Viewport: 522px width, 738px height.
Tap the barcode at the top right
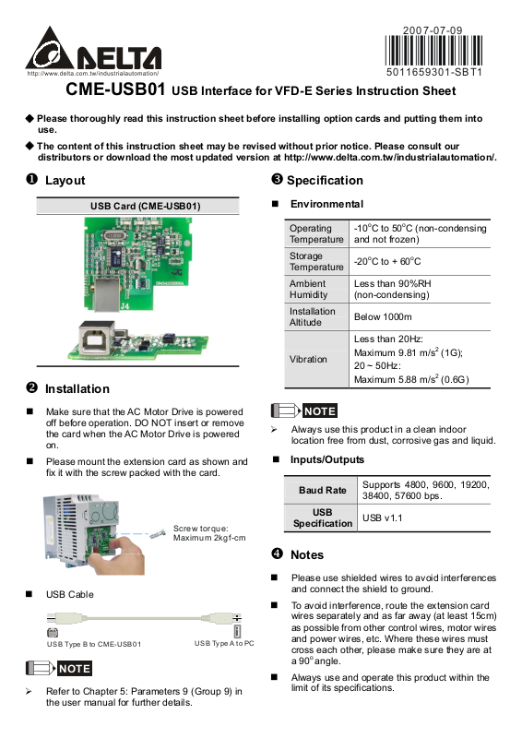click(433, 51)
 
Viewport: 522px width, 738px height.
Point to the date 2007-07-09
click(433, 30)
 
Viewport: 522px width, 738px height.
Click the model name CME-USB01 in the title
click(115, 89)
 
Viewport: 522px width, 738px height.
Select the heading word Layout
click(65, 180)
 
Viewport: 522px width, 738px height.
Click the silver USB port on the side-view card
click(97, 338)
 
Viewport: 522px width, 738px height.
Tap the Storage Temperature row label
click(316, 261)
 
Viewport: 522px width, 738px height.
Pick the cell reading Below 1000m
click(383, 316)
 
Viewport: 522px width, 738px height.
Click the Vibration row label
click(308, 359)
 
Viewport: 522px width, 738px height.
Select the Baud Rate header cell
click(323, 490)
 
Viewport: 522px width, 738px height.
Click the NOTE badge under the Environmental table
click(320, 411)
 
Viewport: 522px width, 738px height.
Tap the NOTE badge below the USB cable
click(75, 668)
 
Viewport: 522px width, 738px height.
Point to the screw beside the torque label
click(158, 534)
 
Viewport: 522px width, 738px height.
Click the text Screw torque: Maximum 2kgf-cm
click(209, 533)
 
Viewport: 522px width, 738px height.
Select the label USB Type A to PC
click(224, 643)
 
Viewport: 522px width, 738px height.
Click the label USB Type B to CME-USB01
click(94, 644)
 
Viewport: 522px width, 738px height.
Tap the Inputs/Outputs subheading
click(327, 459)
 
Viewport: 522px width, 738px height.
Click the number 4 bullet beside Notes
click(278, 553)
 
